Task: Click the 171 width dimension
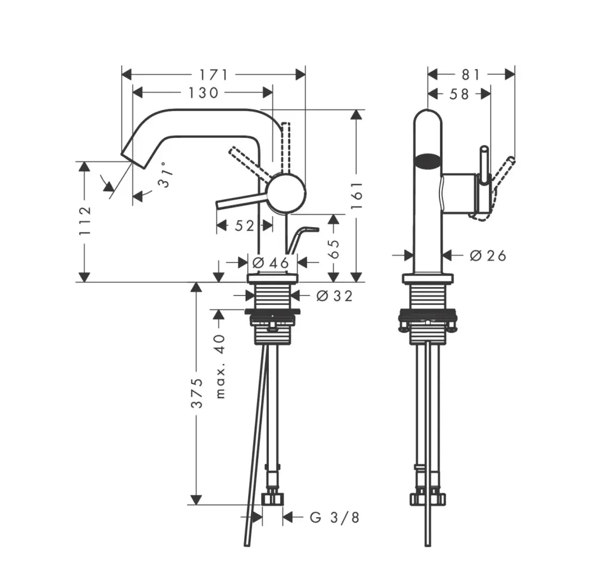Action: (214, 74)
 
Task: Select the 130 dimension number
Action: (203, 93)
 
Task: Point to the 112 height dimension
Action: (84, 221)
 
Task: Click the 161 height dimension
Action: (357, 196)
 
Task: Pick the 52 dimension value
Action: (244, 225)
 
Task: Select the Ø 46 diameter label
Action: (271, 263)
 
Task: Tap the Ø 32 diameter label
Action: (334, 296)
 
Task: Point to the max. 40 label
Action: (220, 366)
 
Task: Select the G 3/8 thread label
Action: (334, 517)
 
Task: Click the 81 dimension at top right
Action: (471, 74)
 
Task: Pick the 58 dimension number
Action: (459, 94)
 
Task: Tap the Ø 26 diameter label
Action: (488, 256)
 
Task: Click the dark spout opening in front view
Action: (428, 161)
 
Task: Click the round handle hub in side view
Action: (288, 193)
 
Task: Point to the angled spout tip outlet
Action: (133, 159)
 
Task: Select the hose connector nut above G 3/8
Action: (272, 499)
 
